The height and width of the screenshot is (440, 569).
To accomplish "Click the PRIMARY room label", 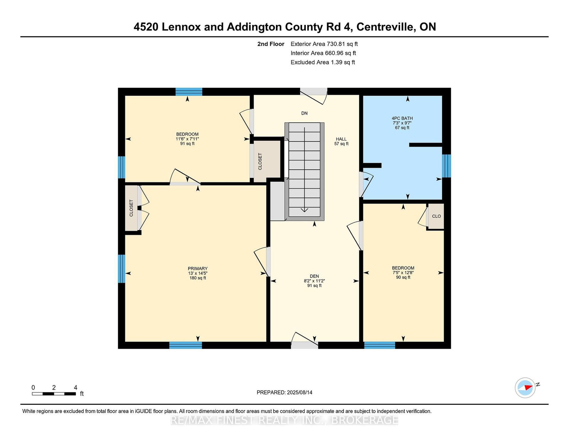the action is (x=197, y=269).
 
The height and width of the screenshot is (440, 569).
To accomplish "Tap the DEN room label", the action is (x=314, y=276).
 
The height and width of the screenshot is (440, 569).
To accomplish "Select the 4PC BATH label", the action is (x=402, y=118).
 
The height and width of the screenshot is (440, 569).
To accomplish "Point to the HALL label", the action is (x=341, y=139).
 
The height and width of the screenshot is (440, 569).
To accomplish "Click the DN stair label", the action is (x=304, y=113).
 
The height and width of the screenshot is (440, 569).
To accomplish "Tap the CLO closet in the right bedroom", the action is (x=436, y=216).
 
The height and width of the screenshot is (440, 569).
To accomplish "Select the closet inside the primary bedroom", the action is (x=132, y=208).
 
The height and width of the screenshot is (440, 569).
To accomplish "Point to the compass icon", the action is (x=525, y=388).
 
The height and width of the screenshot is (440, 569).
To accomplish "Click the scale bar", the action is (x=54, y=394).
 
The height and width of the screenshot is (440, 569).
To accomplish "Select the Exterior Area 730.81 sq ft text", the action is (x=324, y=44).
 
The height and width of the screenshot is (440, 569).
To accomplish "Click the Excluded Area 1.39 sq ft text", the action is (x=323, y=62).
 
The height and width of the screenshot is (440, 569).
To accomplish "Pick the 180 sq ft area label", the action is (x=198, y=278).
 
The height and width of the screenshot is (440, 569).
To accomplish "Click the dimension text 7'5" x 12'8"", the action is (x=403, y=272).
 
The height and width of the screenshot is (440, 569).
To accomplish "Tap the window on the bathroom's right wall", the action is (x=446, y=166).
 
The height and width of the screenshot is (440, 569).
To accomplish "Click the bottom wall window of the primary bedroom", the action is (x=185, y=345).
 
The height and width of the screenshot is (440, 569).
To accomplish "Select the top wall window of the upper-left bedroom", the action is (x=188, y=92).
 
